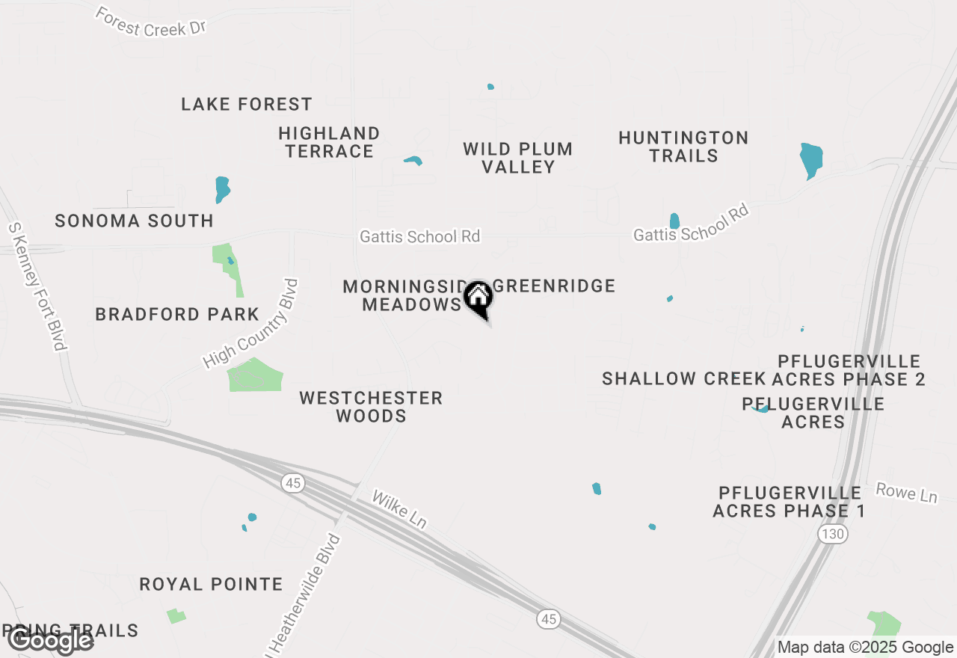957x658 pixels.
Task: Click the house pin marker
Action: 478,298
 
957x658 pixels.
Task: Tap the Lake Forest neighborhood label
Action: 247,104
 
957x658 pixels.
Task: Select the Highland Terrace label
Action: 329,142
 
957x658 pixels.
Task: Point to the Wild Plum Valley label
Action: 518,158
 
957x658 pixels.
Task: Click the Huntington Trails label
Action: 683,147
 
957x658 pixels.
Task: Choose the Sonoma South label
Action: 135,221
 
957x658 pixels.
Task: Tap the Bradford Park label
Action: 177,314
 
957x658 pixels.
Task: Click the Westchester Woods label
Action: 371,407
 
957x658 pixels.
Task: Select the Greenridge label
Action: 555,286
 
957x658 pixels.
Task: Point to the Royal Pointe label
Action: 212,584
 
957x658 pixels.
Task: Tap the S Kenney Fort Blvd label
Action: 37,286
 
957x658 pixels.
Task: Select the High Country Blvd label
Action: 251,324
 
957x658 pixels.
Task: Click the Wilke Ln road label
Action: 399,510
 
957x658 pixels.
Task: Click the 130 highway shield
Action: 832,533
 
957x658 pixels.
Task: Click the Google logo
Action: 51,640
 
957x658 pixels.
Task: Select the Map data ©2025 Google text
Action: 865,648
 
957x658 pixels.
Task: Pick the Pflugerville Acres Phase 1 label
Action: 790,502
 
